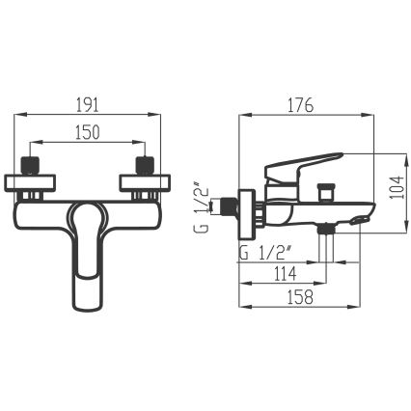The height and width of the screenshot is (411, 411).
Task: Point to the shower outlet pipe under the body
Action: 333,246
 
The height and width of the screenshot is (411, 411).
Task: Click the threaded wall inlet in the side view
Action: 227,205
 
